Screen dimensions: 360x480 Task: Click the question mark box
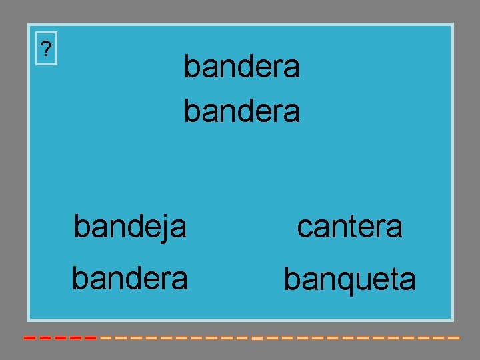(x=46, y=49)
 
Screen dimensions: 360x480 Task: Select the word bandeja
(x=130, y=227)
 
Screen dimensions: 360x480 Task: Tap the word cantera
(x=349, y=227)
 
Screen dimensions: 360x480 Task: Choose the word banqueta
(x=349, y=279)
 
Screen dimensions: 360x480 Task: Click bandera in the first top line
(x=241, y=67)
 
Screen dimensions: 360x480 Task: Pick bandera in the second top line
(x=241, y=111)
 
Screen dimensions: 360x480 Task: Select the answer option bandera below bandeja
(x=130, y=278)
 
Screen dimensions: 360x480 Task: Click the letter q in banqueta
(x=333, y=283)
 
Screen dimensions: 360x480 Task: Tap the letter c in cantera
(x=304, y=228)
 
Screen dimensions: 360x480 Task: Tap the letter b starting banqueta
(x=291, y=279)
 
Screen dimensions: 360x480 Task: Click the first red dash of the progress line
(x=29, y=338)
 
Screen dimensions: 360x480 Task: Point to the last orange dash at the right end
(x=453, y=338)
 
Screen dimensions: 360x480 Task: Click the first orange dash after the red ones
(x=106, y=338)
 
